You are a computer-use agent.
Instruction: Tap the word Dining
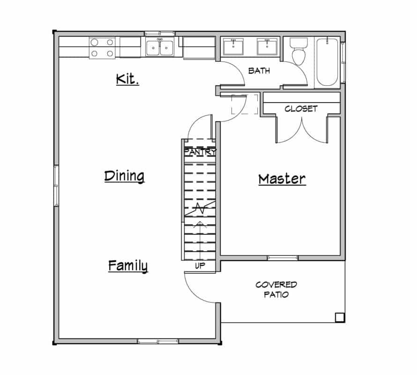click(124, 176)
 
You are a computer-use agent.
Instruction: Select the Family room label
click(128, 266)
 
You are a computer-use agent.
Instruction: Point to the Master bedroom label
click(282, 179)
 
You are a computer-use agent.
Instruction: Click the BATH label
click(259, 71)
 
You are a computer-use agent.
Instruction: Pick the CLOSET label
click(301, 109)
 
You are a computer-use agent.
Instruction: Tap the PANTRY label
click(200, 152)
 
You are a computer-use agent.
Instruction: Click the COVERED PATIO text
click(276, 290)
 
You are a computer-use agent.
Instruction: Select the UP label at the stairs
click(200, 266)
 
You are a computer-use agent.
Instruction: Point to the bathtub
click(327, 61)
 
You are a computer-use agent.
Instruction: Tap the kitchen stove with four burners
click(103, 48)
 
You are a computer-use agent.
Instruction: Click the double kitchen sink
click(160, 47)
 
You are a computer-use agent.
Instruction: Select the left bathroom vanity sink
click(233, 47)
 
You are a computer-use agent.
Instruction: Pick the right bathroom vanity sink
click(267, 47)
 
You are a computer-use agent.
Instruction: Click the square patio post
click(340, 317)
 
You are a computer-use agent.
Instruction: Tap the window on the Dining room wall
click(56, 186)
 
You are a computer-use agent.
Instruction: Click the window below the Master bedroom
click(283, 258)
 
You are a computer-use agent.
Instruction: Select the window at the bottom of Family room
click(151, 341)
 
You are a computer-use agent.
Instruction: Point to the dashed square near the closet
click(245, 104)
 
